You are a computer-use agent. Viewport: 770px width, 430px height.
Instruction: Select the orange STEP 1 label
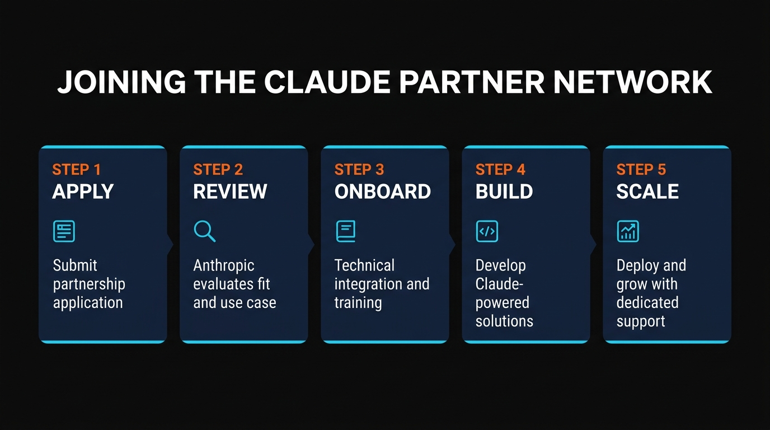76,170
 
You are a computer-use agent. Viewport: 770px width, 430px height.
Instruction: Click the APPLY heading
83,191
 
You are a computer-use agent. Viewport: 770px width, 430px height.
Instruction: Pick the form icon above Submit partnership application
64,231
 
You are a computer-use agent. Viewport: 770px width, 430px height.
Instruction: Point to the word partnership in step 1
89,284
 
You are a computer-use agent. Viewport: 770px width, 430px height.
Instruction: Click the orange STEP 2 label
218,170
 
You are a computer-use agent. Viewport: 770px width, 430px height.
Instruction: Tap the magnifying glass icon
204,231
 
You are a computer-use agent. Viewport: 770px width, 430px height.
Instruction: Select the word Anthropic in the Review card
224,265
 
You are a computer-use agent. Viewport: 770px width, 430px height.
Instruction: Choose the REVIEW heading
230,191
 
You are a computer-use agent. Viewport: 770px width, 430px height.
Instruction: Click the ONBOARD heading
383,191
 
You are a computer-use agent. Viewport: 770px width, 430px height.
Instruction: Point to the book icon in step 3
346,231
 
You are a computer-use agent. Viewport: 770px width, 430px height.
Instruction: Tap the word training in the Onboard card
358,303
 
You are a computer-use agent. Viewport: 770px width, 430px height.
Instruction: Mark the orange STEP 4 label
500,170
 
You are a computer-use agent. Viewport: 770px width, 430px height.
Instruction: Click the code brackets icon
487,231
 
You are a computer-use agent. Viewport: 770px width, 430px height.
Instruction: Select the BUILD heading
504,191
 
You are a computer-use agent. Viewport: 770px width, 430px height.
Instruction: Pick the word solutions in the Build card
504,321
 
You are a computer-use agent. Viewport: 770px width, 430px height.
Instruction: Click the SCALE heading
647,191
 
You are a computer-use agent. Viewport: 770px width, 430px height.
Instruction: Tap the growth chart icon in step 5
628,231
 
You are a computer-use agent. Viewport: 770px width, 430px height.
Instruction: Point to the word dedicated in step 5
647,303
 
